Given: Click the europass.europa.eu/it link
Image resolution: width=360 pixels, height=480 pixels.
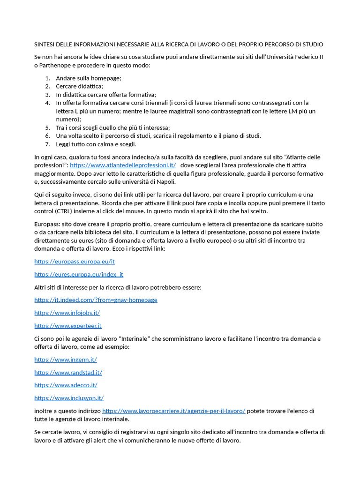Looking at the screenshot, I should [75, 262].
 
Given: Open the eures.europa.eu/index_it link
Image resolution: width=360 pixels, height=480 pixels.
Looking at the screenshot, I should [79, 274].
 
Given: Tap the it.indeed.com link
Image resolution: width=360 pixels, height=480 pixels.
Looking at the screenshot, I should [96, 300].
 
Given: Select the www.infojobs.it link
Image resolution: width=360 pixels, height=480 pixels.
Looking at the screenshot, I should [67, 313].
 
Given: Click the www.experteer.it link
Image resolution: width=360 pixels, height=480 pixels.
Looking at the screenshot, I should [68, 325].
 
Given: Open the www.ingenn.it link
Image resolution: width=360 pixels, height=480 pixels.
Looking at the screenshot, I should [66, 360].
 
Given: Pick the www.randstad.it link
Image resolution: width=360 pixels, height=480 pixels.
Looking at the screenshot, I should [68, 373].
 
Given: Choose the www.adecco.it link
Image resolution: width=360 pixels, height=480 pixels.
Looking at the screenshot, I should [66, 385].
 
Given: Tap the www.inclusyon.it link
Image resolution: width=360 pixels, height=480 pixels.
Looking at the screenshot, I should [69, 398].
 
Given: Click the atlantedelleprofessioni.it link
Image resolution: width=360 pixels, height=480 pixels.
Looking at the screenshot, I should [123, 165].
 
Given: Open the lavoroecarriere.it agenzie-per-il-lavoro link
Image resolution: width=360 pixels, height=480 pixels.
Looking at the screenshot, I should [173, 411].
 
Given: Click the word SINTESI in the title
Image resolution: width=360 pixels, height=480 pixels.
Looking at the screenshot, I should [45, 45].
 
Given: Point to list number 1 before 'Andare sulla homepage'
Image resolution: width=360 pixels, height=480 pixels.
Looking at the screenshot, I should [47, 78].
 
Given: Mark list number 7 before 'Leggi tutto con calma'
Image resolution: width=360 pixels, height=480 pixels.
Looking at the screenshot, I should [47, 144].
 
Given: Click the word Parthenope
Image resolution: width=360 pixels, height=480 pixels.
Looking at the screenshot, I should [56, 66].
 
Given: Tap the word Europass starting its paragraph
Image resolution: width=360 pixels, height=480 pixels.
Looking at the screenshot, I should [46, 224].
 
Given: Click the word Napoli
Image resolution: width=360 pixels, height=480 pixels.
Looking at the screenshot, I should [166, 182].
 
